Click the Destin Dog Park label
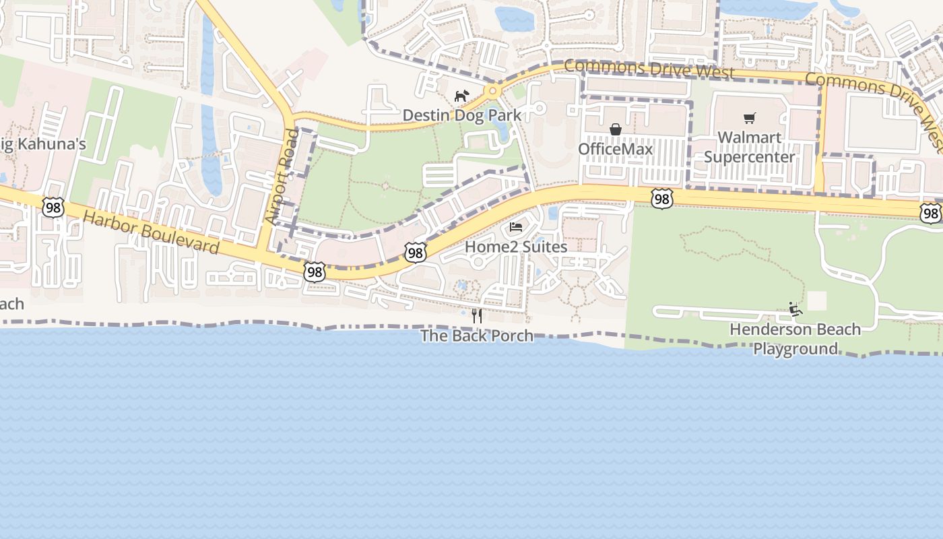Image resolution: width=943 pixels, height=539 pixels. (462, 115)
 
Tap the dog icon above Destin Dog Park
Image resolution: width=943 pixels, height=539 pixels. (461, 96)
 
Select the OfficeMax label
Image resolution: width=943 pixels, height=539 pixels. (616, 149)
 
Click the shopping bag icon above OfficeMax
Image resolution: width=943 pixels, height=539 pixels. (616, 129)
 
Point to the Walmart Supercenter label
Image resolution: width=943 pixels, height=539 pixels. (750, 148)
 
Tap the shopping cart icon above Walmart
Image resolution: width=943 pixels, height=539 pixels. (750, 119)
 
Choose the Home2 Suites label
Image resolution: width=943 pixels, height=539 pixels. (516, 247)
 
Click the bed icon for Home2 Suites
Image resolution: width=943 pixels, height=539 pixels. (516, 227)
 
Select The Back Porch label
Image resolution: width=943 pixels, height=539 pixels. (477, 336)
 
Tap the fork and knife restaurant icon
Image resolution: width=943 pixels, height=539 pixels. (477, 315)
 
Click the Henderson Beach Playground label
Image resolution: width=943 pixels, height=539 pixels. (795, 339)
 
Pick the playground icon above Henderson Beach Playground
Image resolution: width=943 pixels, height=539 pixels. (795, 309)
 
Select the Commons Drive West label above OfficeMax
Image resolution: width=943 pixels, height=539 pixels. (649, 69)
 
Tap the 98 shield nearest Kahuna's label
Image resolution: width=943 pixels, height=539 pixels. (53, 208)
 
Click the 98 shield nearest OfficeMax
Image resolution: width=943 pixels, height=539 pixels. (662, 198)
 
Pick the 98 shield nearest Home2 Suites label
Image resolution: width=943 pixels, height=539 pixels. (416, 253)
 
